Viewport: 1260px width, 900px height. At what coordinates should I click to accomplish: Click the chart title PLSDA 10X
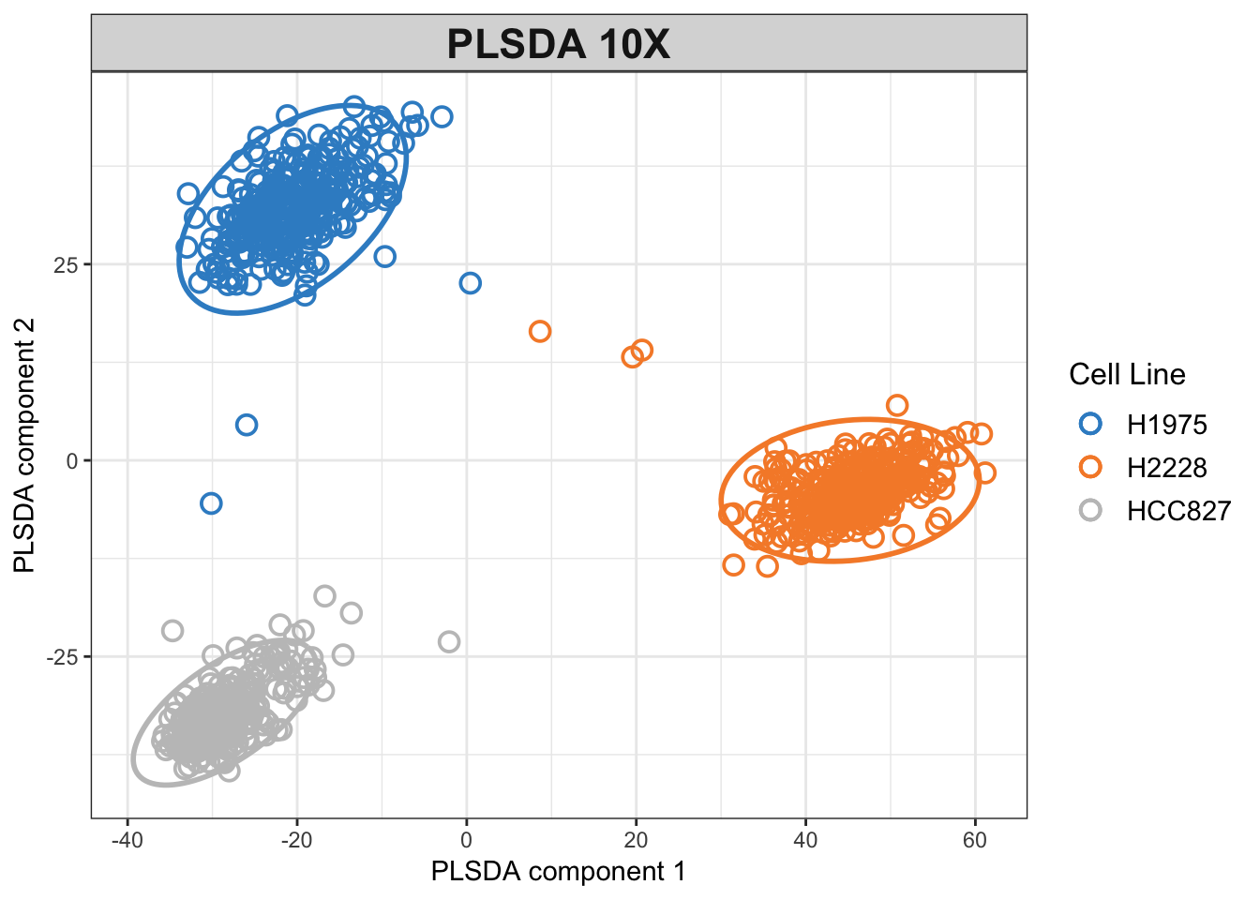(559, 44)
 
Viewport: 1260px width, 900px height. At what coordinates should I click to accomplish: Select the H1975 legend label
(1166, 425)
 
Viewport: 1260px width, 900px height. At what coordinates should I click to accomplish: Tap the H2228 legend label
(1166, 468)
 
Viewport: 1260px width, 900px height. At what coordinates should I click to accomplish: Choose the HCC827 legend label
(1178, 511)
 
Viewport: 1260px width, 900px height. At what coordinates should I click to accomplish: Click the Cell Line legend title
(1127, 375)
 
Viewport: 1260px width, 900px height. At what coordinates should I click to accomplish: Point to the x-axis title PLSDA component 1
(558, 872)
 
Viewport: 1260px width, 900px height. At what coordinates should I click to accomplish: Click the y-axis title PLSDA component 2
(24, 445)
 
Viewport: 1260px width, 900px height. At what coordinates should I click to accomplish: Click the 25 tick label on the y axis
(66, 264)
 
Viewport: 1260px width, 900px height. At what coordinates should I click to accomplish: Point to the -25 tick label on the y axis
(62, 657)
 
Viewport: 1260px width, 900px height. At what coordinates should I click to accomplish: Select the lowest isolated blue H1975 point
(211, 503)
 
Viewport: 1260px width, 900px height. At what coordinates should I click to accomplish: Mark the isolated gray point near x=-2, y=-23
(449, 642)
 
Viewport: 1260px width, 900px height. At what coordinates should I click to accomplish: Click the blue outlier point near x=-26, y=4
(246, 425)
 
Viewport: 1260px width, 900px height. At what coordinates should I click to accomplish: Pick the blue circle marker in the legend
(1090, 424)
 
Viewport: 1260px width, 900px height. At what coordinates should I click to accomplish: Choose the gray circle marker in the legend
(1090, 511)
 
